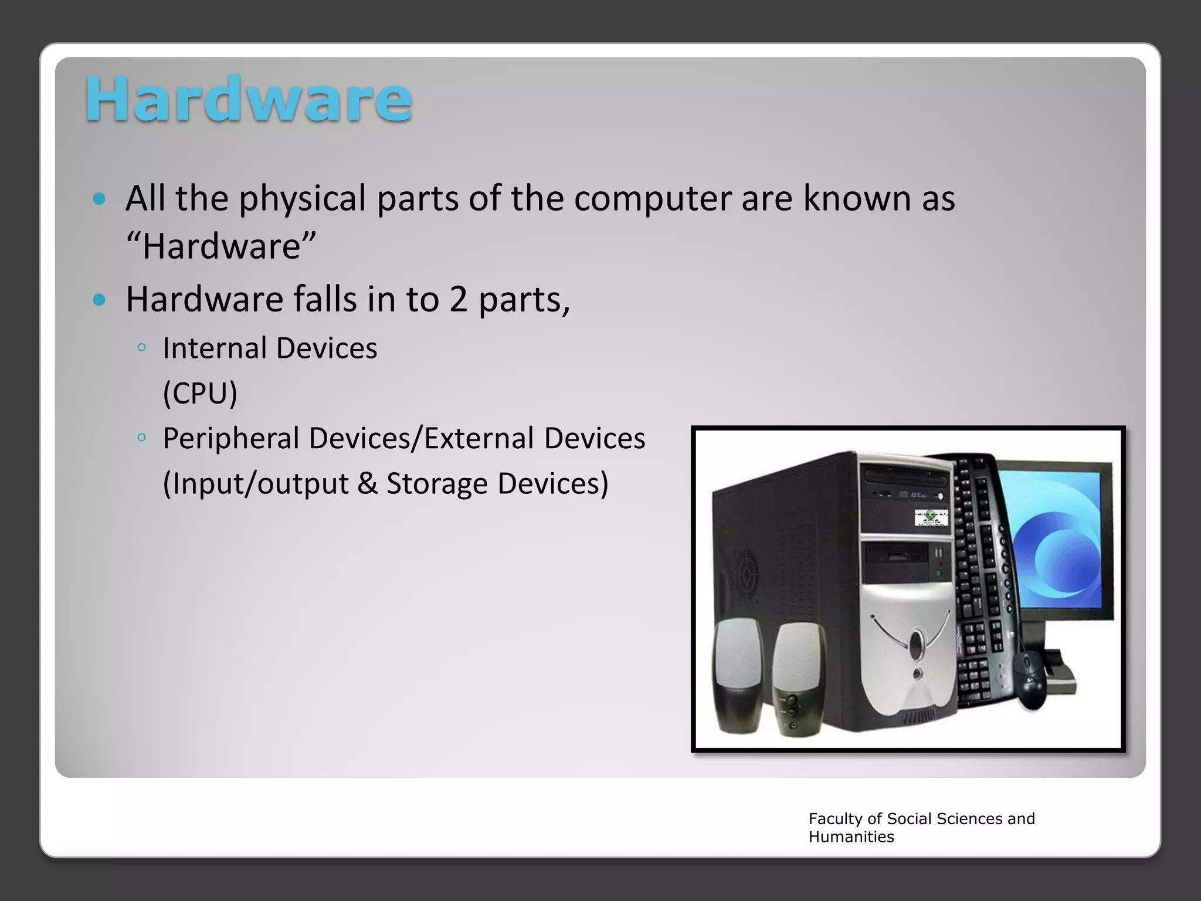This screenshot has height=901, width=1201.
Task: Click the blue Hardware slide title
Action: click(x=249, y=100)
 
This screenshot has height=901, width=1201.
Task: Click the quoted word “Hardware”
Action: click(x=222, y=246)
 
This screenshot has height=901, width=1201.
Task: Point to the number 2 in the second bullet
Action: click(x=458, y=300)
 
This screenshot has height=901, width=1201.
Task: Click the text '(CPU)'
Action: click(x=200, y=393)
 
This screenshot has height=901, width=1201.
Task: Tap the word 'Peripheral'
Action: click(x=231, y=439)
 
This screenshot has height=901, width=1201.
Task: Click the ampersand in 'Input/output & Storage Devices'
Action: click(x=368, y=484)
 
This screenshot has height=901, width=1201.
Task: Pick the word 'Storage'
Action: click(x=437, y=485)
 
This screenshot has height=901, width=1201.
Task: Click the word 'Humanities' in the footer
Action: click(x=851, y=837)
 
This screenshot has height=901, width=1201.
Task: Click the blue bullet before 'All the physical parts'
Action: click(x=99, y=199)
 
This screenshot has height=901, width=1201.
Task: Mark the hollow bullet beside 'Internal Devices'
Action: click(x=141, y=348)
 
